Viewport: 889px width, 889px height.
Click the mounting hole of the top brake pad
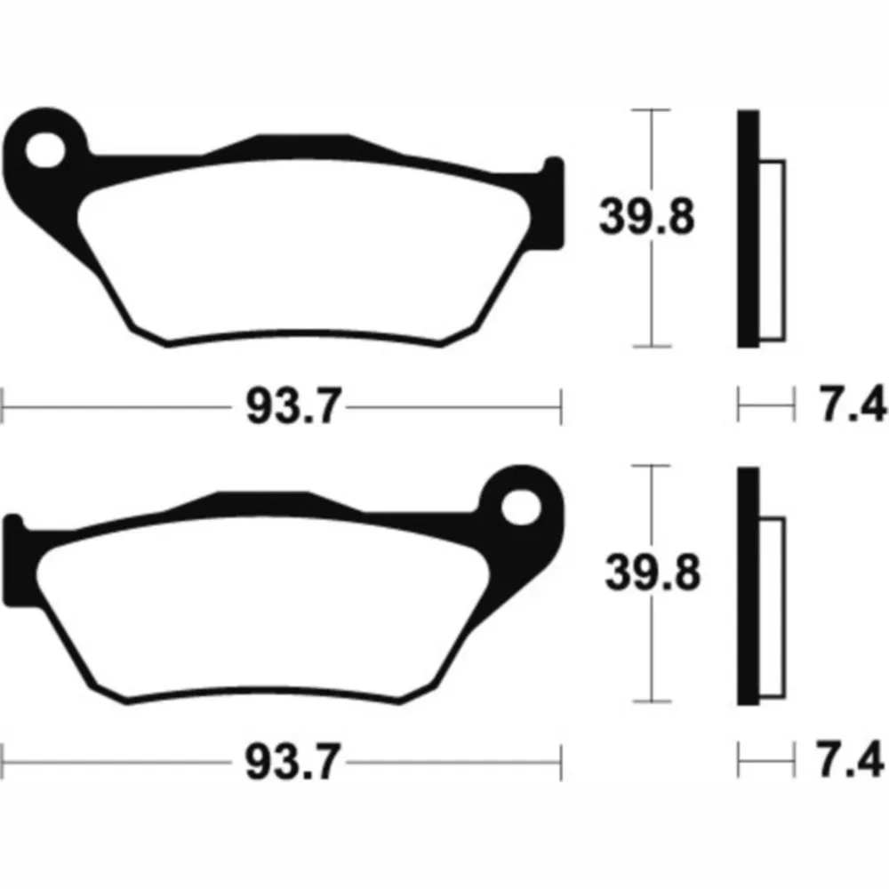[45, 150]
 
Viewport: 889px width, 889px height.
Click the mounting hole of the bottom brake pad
[521, 507]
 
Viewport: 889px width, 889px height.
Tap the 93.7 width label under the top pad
[293, 406]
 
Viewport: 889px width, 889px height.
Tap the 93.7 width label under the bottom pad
[292, 762]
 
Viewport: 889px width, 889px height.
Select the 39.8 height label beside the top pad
[647, 216]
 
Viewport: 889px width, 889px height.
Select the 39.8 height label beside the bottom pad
[653, 573]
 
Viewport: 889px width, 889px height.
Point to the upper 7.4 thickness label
[853, 404]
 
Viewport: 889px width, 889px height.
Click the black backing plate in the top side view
[748, 228]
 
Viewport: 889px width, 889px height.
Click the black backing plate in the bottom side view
[748, 586]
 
